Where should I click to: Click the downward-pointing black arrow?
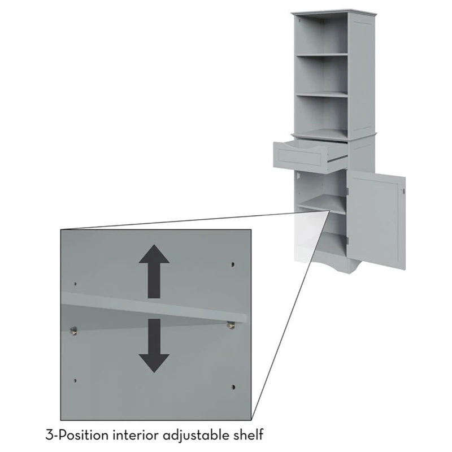154,345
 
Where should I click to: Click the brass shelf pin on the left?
74,331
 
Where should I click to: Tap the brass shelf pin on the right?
231,325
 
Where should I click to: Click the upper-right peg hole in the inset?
233,264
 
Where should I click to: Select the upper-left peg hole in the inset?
75,284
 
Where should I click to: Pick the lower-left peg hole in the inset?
75,380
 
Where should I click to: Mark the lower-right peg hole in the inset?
233,387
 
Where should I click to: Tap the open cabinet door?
376,220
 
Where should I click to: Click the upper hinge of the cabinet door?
347,192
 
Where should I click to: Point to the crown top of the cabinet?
334,12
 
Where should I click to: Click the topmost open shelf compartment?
321,34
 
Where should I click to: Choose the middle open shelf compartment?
321,74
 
